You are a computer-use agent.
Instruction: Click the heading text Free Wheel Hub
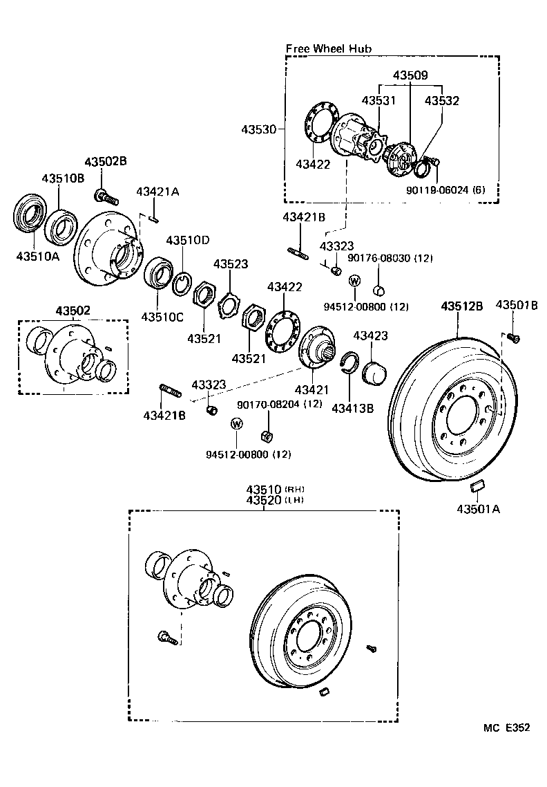[328, 48]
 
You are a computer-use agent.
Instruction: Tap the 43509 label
[410, 75]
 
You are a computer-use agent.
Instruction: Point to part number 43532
[442, 101]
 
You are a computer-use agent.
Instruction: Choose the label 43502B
[106, 161]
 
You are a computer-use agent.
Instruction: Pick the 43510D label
[186, 240]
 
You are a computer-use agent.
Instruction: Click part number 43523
[230, 264]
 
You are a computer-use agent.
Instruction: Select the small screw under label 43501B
[512, 337]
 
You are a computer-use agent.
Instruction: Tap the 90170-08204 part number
[269, 404]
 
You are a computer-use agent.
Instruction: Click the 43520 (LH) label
[264, 499]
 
